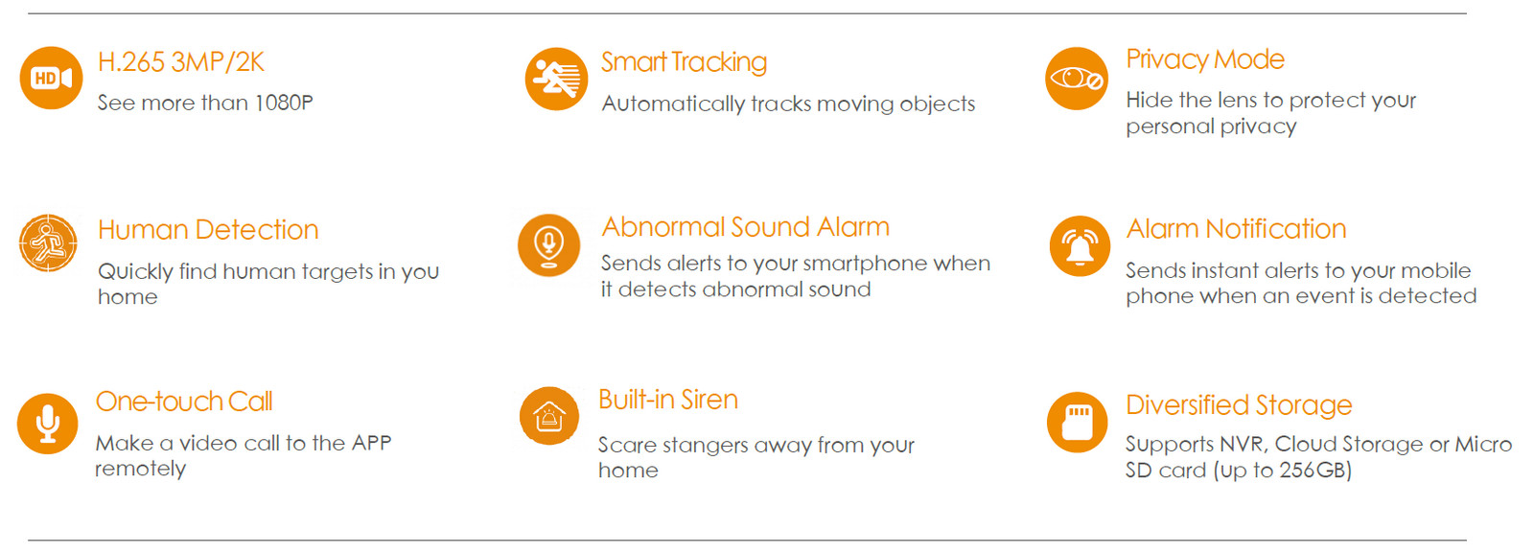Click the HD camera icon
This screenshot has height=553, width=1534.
[x=52, y=78]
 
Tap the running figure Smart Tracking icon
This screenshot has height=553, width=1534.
[x=556, y=79]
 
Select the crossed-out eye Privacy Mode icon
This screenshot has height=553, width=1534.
[x=1077, y=79]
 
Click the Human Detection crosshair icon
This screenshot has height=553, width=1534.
[x=48, y=243]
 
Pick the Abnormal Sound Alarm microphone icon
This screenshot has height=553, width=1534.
[x=548, y=245]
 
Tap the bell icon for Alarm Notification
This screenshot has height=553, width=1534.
[x=1080, y=245]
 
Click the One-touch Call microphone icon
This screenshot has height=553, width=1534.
[x=47, y=424]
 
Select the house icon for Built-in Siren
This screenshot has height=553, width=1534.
[x=549, y=415]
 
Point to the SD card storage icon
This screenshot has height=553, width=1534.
[x=1078, y=423]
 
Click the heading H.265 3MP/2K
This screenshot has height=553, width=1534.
[x=181, y=62]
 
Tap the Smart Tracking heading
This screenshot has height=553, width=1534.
[x=685, y=62]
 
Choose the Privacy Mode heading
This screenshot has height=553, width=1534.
[x=1205, y=59]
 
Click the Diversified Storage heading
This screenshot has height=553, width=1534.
[x=1239, y=405]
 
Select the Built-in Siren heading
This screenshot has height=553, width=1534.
[x=668, y=400]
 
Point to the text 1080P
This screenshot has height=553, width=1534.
[x=284, y=103]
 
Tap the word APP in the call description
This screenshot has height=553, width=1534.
[x=371, y=443]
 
